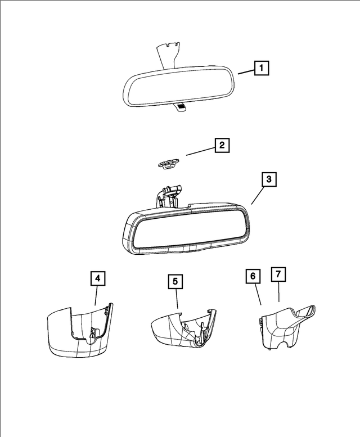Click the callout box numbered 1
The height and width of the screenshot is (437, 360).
tap(260, 69)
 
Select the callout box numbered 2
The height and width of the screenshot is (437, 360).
tap(222, 146)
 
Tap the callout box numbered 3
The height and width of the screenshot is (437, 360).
tap(269, 179)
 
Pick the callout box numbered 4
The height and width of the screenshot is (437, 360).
tap(98, 278)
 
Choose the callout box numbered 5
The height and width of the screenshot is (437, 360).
tap(176, 281)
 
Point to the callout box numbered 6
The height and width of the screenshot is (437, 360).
tap(253, 276)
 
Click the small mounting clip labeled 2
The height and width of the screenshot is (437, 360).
tap(166, 164)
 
